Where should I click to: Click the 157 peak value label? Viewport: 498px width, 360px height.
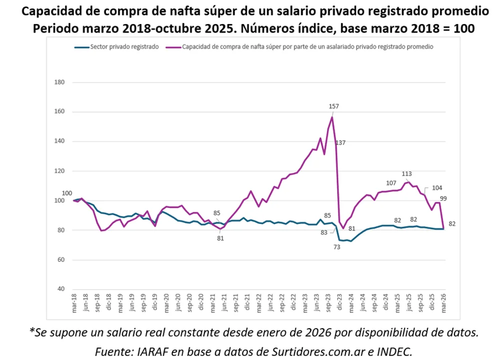334,106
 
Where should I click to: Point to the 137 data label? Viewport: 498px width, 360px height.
341,143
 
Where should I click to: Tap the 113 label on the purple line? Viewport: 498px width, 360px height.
407,174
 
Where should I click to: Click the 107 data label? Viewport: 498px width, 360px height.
391,182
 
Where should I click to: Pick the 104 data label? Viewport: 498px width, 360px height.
437,188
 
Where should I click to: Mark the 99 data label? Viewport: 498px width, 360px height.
443,198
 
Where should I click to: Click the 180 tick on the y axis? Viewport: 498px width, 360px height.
60,82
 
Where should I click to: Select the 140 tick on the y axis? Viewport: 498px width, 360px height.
60,141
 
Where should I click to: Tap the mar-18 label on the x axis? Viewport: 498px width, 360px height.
74,304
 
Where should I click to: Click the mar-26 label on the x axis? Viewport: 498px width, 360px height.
444,304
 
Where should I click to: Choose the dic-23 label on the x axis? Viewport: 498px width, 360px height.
340,304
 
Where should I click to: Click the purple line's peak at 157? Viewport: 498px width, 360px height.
332,117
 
